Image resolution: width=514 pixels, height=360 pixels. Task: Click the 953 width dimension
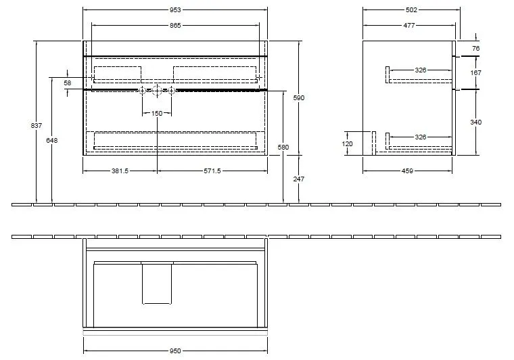pyautogui.click(x=175, y=10)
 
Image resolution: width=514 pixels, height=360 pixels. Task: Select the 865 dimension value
pyautogui.click(x=175, y=25)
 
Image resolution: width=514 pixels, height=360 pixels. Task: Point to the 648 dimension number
pyautogui.click(x=52, y=140)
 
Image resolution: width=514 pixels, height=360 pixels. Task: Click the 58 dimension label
pyautogui.click(x=68, y=82)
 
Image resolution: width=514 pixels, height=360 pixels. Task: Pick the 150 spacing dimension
pyautogui.click(x=157, y=113)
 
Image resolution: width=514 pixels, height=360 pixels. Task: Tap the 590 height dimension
pyautogui.click(x=299, y=98)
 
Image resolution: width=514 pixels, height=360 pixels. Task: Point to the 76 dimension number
pyautogui.click(x=475, y=49)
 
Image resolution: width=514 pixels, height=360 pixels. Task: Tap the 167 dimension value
pyautogui.click(x=475, y=73)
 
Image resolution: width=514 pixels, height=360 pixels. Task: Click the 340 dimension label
pyautogui.click(x=475, y=122)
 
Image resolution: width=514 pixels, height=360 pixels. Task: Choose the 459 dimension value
pyautogui.click(x=407, y=171)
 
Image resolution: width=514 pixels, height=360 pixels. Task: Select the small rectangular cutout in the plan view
pyautogui.click(x=157, y=282)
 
